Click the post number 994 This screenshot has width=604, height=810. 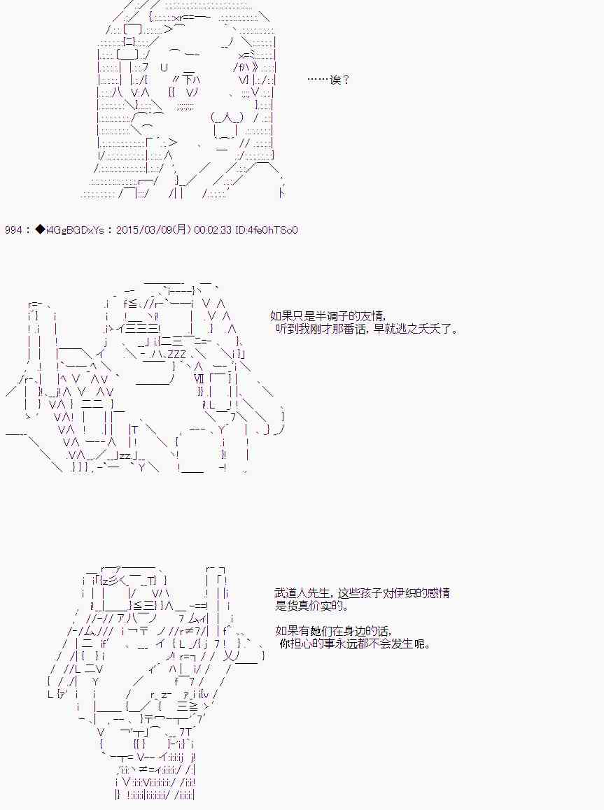pos(13,230)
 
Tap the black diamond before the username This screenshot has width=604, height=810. pos(41,230)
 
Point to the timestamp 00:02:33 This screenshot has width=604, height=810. pos(212,230)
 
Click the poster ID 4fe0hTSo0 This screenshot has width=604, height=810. pos(272,230)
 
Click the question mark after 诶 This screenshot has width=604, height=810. pos(346,80)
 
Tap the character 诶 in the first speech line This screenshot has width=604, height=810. pos(335,80)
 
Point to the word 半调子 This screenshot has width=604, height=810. pos(330,316)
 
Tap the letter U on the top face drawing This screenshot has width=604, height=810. pos(164,67)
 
